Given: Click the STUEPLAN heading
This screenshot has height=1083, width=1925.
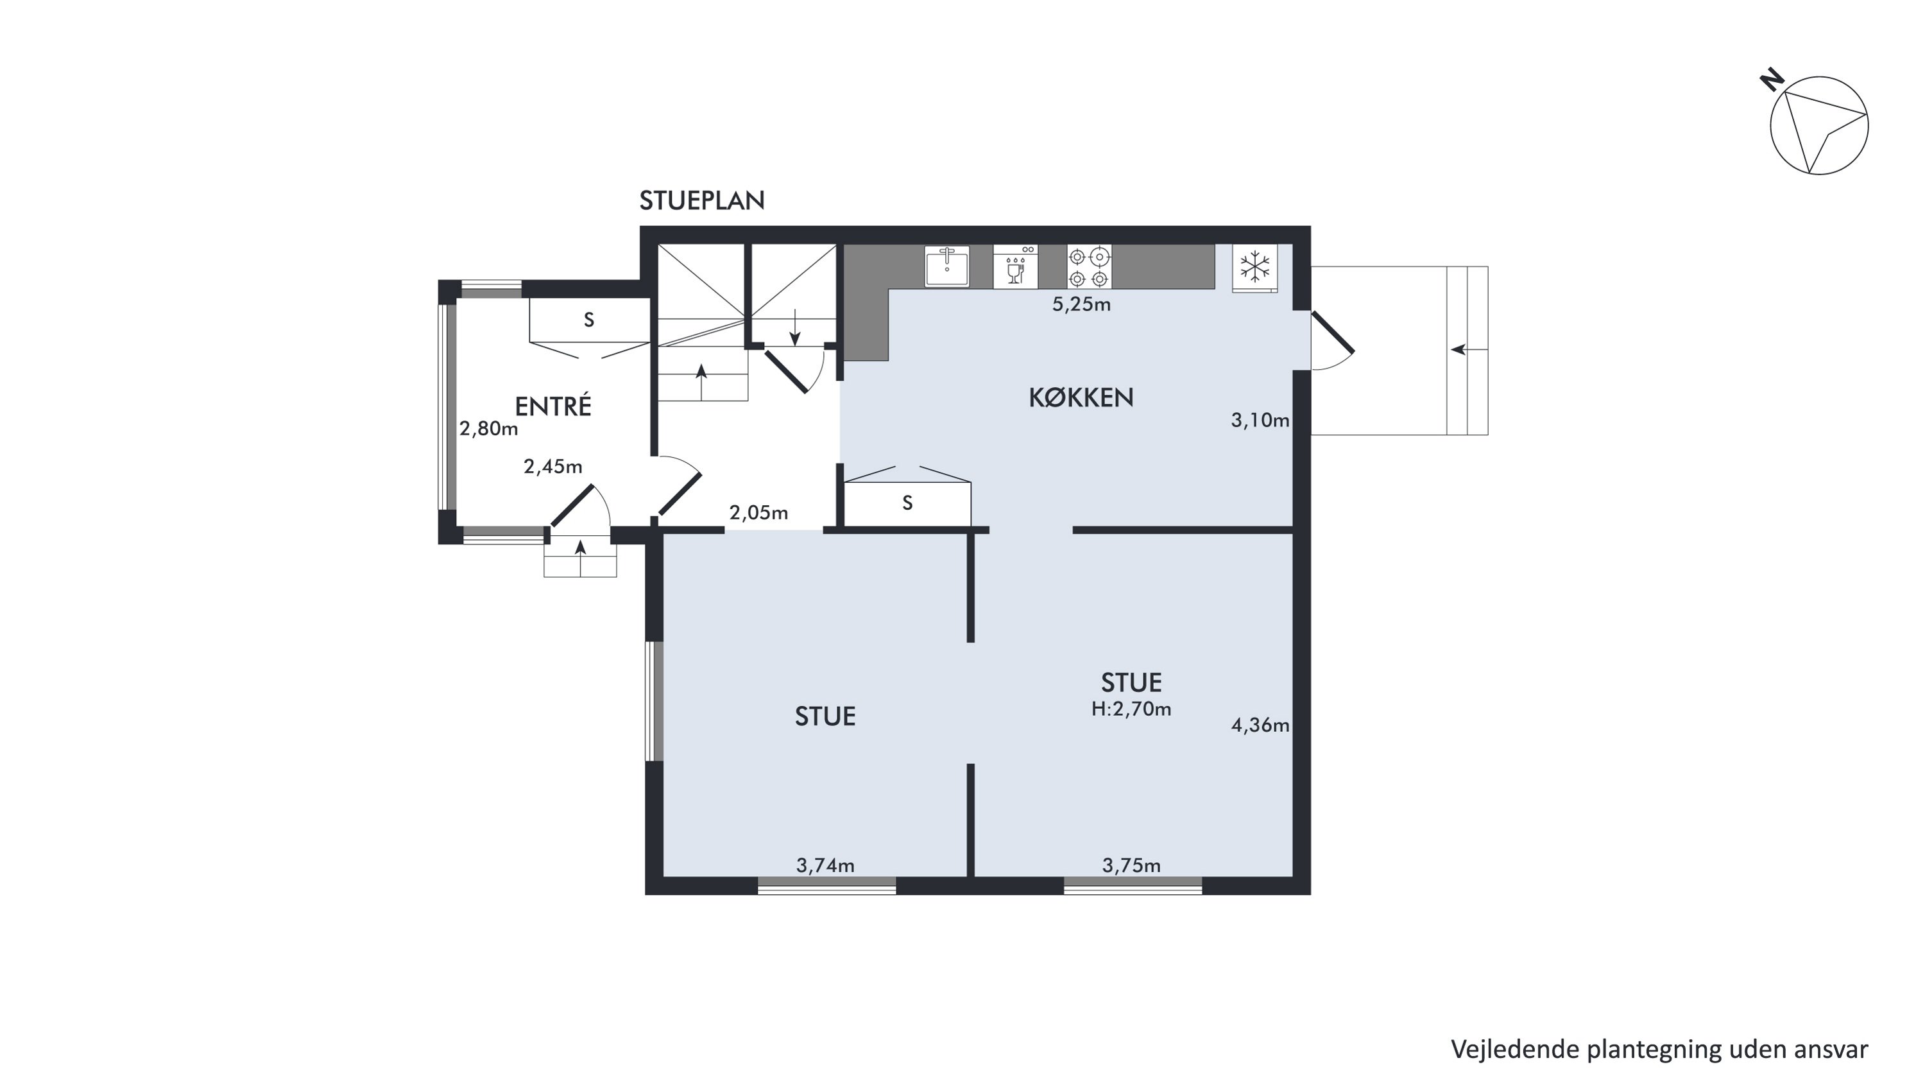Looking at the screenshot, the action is pos(702,200).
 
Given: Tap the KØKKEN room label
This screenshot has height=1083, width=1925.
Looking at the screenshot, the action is pos(1081,397).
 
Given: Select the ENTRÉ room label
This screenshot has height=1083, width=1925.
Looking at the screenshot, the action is pos(553,406).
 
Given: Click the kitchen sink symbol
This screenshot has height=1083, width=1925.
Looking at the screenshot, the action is pos(947,266).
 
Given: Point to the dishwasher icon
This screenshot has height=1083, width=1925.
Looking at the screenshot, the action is pos(1016,266).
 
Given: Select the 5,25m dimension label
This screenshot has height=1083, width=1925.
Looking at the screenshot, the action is pos(1081,304).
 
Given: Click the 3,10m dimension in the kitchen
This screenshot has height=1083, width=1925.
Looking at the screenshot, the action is pos(1260,420).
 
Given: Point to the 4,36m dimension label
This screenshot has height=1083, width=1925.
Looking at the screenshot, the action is pos(1260,725).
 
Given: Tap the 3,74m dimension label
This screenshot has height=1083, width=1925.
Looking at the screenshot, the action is pos(825,865).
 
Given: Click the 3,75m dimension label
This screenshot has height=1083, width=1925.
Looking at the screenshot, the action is pos(1131,865).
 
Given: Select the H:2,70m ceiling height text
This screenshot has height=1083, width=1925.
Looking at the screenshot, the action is pos(1131,709).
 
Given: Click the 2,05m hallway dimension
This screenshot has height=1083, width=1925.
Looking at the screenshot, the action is pos(758,513).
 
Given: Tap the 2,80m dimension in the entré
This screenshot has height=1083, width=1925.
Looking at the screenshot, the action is pos(489,428).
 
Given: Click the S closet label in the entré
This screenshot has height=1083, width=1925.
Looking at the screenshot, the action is pos(589,320).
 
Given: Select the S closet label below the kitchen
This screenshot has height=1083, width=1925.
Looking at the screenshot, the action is pos(907,503).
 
